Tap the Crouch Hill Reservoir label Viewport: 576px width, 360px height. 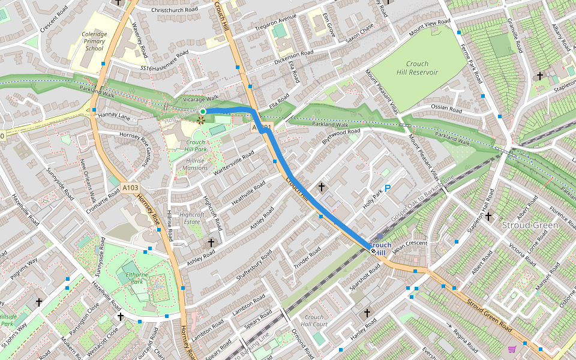(417, 68)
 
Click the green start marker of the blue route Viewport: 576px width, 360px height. (203, 112)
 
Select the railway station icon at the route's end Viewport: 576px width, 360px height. (374, 252)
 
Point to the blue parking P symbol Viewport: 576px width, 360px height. (388, 188)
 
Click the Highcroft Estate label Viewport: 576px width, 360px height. (192, 218)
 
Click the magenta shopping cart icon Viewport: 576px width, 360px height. (512, 349)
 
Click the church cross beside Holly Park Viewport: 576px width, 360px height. (322, 187)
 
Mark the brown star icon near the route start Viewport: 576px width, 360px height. (200, 121)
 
